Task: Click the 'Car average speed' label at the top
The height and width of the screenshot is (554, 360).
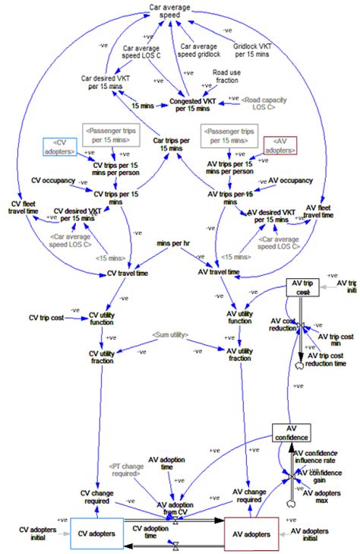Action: click(x=169, y=11)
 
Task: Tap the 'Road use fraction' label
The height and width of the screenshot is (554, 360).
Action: click(x=226, y=78)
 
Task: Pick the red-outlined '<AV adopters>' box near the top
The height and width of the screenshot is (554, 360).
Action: click(x=279, y=146)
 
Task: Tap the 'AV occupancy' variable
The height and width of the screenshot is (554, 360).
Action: click(x=290, y=181)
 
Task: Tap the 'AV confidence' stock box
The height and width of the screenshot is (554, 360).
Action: click(x=292, y=433)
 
